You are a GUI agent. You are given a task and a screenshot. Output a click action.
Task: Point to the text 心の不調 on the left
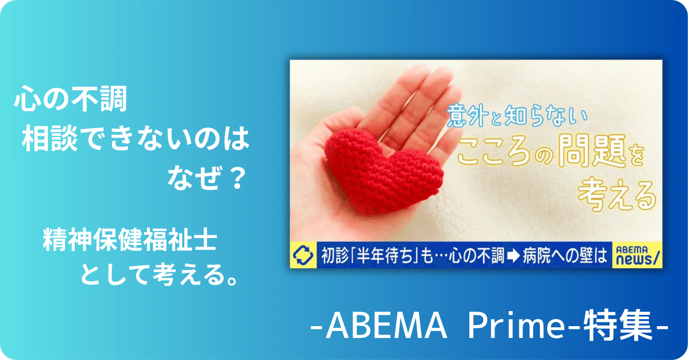(x=70, y=100)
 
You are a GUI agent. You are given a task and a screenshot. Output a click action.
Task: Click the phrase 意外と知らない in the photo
(x=516, y=115)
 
